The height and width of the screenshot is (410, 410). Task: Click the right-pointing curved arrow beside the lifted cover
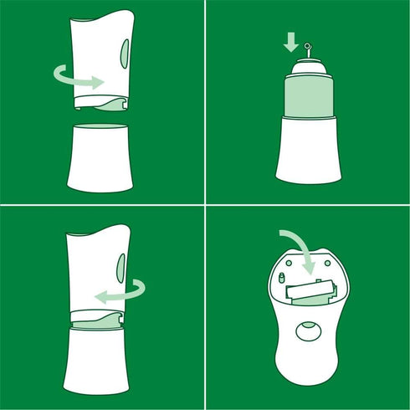coord(79,78)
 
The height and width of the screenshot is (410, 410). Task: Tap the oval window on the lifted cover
coord(125,55)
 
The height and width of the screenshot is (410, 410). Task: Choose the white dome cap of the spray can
coord(307,67)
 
